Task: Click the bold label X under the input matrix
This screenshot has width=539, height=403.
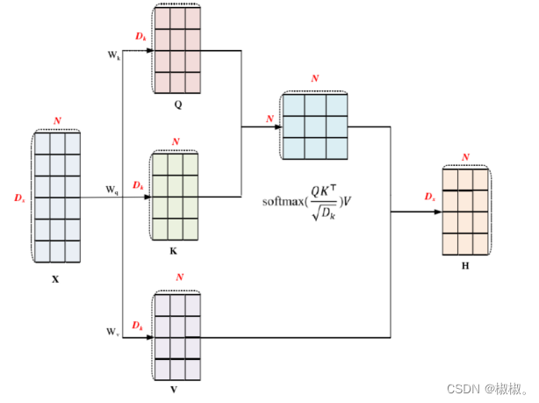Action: pyautogui.click(x=55, y=280)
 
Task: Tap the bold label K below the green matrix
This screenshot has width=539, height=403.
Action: pyautogui.click(x=172, y=250)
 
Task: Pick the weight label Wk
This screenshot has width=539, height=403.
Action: pyautogui.click(x=113, y=55)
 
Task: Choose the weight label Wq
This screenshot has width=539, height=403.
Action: pyautogui.click(x=112, y=189)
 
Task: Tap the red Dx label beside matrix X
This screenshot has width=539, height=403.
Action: pyautogui.click(x=19, y=198)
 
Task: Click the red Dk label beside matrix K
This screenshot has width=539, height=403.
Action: pyautogui.click(x=138, y=186)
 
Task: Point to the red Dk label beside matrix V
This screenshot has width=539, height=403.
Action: pyautogui.click(x=138, y=326)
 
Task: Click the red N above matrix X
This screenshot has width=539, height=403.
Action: pyautogui.click(x=57, y=120)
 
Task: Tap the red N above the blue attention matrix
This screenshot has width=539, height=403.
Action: pyautogui.click(x=315, y=79)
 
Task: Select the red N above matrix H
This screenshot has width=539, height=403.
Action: pyautogui.click(x=465, y=157)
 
